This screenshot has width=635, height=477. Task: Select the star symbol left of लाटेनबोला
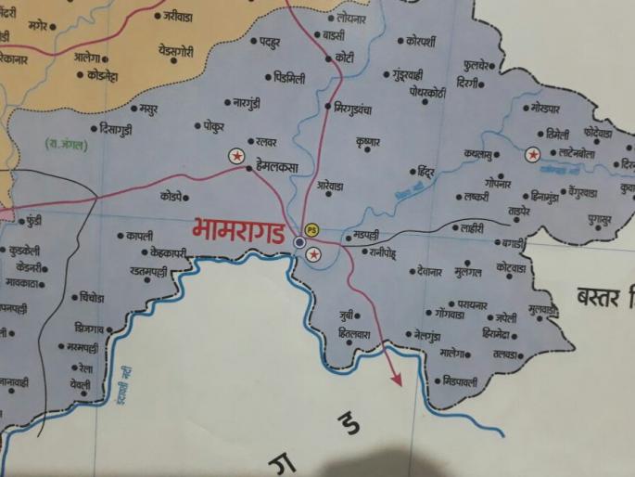point(533,155)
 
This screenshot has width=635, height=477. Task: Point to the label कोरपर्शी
point(427,42)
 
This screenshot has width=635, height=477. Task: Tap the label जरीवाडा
point(177,17)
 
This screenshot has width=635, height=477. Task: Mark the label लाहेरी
point(469,227)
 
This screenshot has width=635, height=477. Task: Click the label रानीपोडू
point(382,251)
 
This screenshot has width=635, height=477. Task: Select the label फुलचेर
point(483,66)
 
